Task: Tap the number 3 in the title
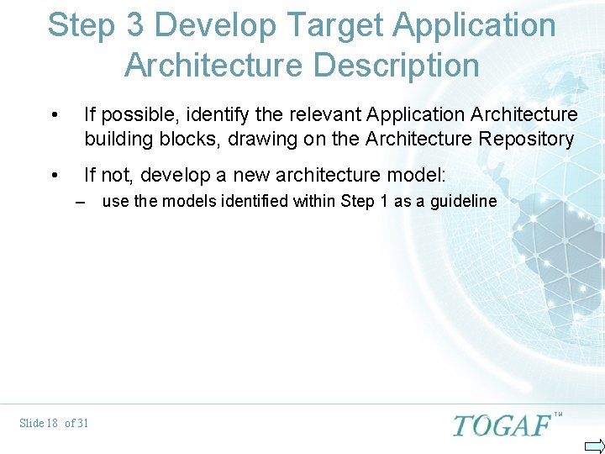[135, 26]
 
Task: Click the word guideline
[463, 202]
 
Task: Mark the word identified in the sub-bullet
[250, 202]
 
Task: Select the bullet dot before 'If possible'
[55, 114]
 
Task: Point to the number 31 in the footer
[82, 423]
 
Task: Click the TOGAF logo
[502, 425]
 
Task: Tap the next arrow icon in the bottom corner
[594, 445]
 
